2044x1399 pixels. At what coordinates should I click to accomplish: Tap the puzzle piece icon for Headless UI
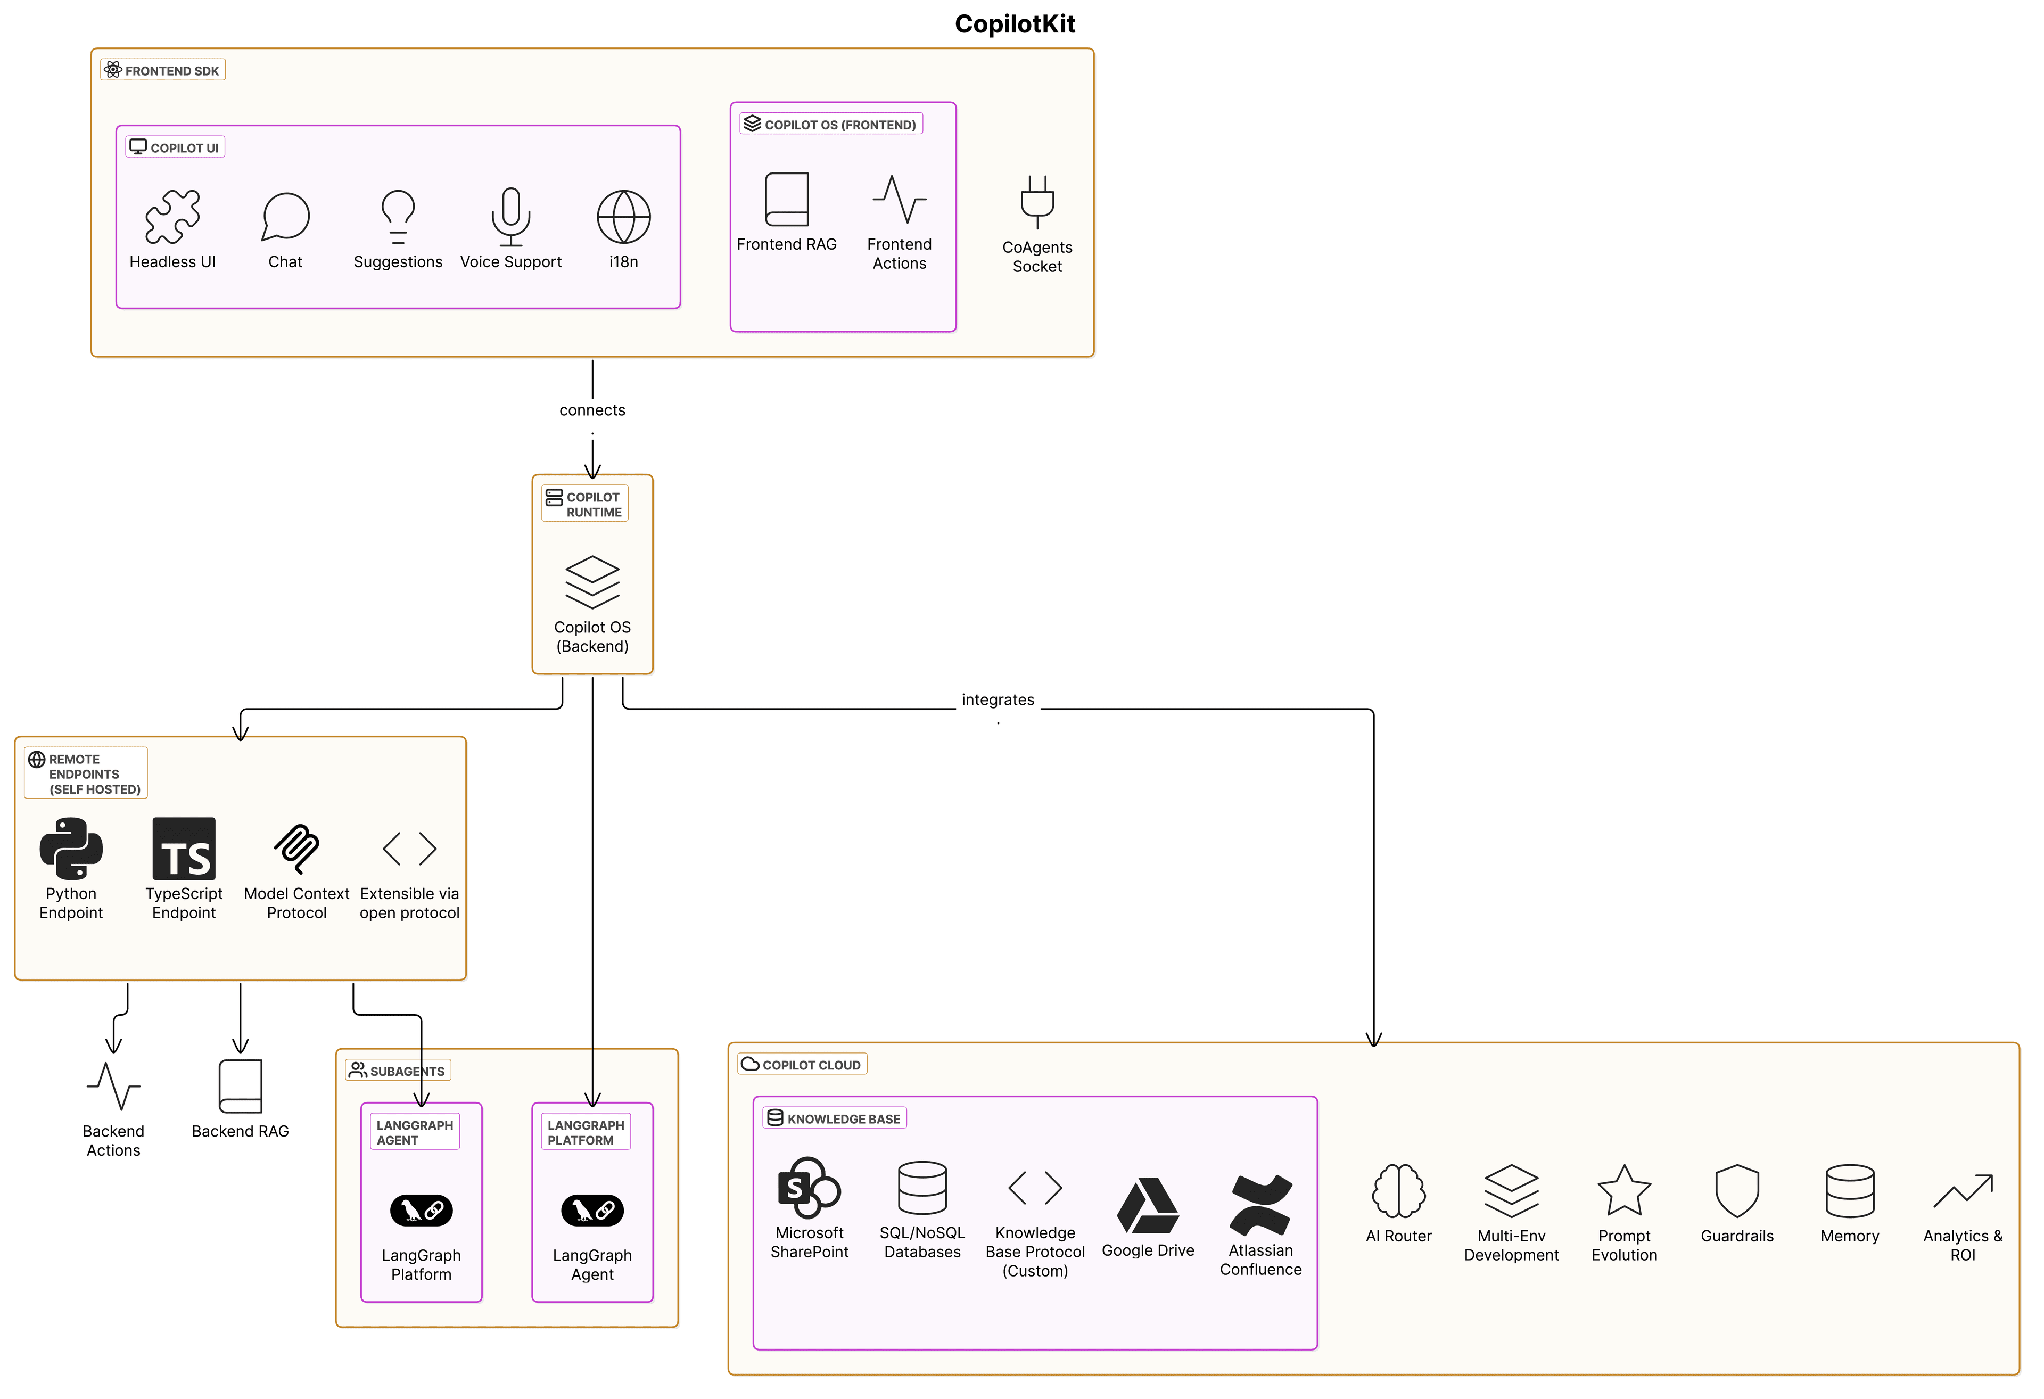[x=172, y=217]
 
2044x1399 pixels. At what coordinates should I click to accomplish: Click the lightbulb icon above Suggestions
[x=398, y=217]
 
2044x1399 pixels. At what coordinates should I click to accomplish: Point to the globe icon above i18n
[x=623, y=217]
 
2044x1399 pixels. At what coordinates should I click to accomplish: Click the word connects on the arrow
[x=592, y=410]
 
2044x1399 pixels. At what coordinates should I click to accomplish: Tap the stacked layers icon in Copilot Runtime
[x=592, y=582]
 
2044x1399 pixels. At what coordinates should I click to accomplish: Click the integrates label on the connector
[x=998, y=699]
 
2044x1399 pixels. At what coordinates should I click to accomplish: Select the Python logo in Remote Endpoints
[x=71, y=848]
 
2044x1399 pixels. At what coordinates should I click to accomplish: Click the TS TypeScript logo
[x=184, y=848]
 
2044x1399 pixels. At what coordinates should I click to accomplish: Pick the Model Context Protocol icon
[x=296, y=848]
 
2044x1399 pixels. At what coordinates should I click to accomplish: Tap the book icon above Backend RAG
[x=240, y=1086]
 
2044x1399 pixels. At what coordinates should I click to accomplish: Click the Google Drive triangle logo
[x=1147, y=1205]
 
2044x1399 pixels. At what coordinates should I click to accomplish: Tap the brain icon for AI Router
[x=1398, y=1190]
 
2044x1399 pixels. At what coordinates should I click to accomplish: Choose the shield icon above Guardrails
[x=1736, y=1190]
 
